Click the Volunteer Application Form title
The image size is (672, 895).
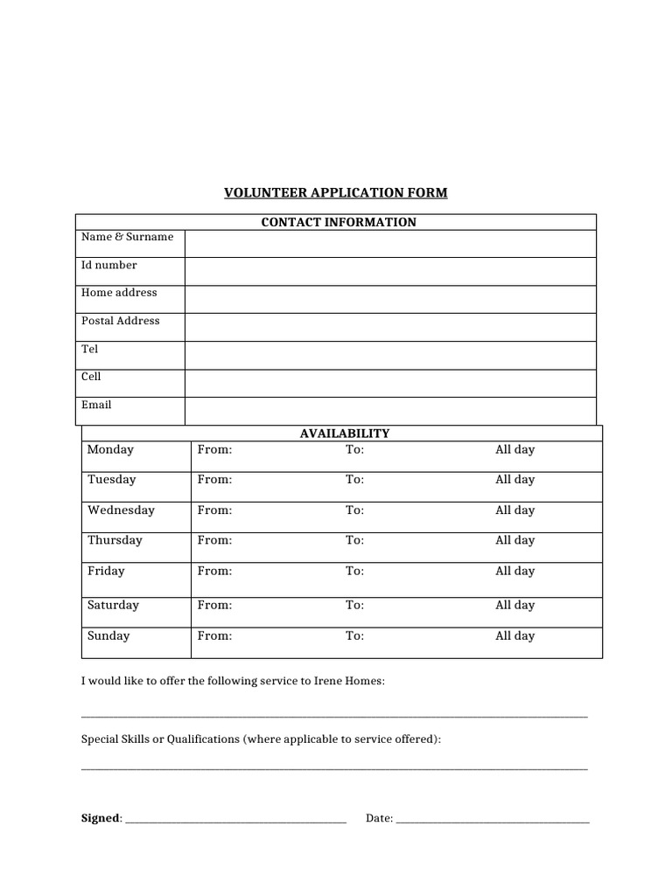tap(336, 192)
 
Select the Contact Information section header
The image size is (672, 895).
tap(339, 222)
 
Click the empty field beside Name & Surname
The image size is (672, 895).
tap(390, 244)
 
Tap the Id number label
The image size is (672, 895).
tap(109, 265)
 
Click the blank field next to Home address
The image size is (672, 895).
tap(390, 299)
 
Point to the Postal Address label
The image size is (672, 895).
tap(121, 321)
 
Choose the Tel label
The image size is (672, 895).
tap(90, 349)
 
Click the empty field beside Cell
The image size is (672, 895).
tap(390, 383)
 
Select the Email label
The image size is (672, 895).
tap(96, 405)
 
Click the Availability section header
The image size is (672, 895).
tap(345, 433)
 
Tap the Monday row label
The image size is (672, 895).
tap(111, 449)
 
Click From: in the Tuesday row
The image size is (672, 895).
tap(214, 479)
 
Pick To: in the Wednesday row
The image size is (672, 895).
tap(354, 510)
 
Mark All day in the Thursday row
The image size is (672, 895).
tap(514, 540)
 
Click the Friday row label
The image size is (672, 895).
tap(106, 571)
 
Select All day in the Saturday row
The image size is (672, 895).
tap(514, 605)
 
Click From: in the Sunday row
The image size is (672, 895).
tap(214, 635)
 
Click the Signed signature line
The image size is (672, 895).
tap(236, 820)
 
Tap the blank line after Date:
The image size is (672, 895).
tap(493, 820)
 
